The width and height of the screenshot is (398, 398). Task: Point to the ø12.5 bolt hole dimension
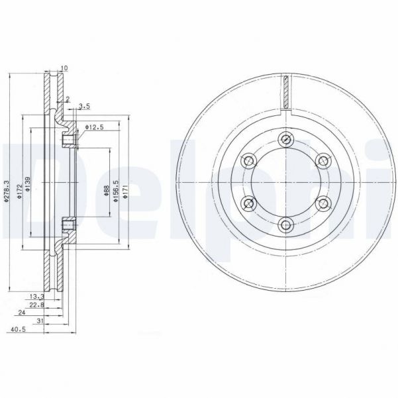[95, 127]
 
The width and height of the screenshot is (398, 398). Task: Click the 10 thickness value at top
[64, 68]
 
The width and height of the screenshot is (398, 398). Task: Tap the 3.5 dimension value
[84, 106]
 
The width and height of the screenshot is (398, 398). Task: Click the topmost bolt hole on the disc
[286, 139]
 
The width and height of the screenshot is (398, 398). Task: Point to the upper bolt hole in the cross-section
[68, 140]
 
